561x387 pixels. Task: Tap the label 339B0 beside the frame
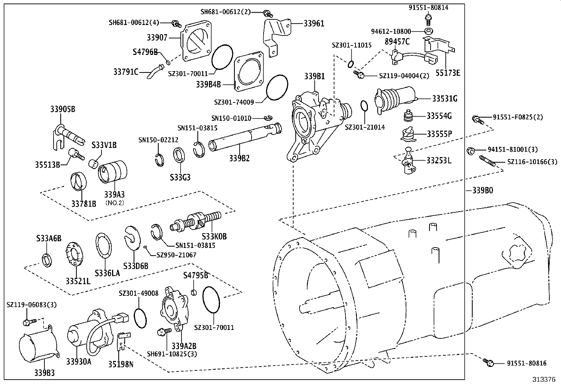pyautogui.click(x=482, y=191)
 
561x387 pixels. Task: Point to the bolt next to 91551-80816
pyautogui.click(x=488, y=362)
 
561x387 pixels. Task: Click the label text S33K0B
pyautogui.click(x=214, y=237)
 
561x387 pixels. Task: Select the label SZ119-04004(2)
pyautogui.click(x=404, y=76)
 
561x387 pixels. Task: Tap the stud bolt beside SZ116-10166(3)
pyautogui.click(x=488, y=161)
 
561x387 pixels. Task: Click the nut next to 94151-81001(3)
pyautogui.click(x=470, y=151)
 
